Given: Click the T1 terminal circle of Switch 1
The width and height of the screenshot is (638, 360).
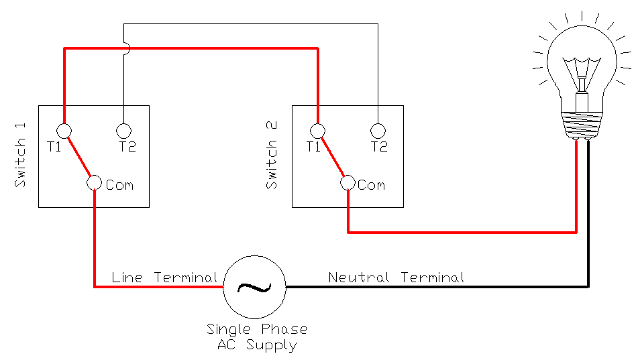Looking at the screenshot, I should coord(64,131).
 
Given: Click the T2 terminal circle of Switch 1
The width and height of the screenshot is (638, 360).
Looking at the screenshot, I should coord(123,131).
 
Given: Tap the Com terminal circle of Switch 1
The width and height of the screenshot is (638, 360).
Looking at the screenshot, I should coord(94,183).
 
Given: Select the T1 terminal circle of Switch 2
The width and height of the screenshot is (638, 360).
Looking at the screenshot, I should coord(318,131).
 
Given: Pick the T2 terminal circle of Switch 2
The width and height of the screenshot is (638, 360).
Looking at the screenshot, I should coord(378,131).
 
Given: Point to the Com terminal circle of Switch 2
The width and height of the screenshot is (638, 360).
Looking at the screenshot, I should coord(348,182).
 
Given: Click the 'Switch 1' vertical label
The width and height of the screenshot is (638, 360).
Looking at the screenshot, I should coord(20,163).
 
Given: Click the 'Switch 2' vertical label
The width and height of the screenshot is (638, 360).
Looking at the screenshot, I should coord(272,164).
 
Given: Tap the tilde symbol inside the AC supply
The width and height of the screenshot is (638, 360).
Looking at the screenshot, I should coord(254,288).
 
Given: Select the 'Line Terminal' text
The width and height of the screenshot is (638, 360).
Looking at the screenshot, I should coord(164,277).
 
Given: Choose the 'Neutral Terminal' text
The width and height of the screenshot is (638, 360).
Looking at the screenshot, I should coord(396,277).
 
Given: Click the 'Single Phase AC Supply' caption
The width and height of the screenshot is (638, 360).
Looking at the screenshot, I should coord(257,337).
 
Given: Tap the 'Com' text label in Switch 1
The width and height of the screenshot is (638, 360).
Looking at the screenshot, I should coord(119,185).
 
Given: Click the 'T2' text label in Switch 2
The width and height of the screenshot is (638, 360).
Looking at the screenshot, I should coord(379,147).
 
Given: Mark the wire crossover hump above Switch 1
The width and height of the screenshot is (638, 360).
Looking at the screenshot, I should coord(125,48).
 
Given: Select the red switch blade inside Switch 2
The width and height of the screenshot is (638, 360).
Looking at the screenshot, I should coord(333,157).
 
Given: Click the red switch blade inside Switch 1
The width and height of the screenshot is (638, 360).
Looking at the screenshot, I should coord(79,157).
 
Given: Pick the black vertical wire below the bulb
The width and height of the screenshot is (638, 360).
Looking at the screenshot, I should coord(588,215).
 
